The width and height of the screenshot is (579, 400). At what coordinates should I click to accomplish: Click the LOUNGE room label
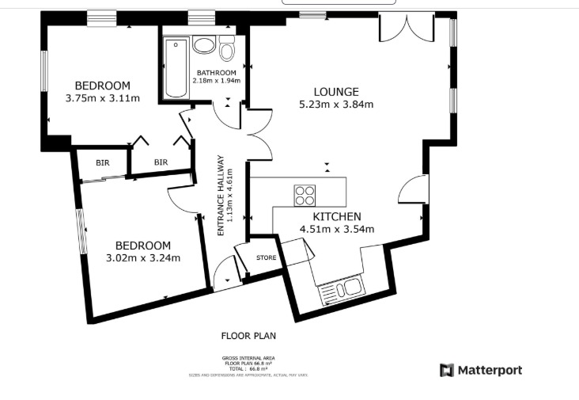(335, 92)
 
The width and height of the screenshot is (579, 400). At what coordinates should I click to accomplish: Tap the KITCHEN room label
(337, 216)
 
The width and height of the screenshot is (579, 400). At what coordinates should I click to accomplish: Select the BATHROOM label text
(217, 73)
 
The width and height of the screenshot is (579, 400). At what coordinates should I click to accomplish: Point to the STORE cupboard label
(267, 257)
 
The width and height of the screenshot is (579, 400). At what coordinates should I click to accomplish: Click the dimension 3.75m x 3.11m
(102, 99)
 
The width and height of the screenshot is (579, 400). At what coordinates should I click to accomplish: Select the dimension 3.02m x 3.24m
(143, 258)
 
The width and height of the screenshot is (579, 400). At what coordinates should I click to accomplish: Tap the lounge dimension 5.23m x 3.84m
(335, 105)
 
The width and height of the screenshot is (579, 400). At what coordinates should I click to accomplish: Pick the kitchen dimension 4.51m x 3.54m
(337, 230)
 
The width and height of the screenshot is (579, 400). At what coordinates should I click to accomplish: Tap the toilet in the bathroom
(227, 50)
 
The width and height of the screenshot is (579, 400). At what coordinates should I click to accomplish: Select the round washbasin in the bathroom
(202, 44)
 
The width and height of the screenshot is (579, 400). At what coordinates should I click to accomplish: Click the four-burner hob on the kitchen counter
(305, 194)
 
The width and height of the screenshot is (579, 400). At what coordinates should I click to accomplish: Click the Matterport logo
(481, 370)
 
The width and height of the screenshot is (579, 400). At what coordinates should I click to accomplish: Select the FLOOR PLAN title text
(248, 336)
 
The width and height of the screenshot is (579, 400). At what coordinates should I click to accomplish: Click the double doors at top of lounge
(406, 28)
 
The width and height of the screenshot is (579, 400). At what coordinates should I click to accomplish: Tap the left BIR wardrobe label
(103, 162)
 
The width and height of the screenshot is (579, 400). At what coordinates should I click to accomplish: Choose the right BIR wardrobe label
(161, 162)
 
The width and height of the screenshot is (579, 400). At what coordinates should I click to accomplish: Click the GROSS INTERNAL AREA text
(248, 358)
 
